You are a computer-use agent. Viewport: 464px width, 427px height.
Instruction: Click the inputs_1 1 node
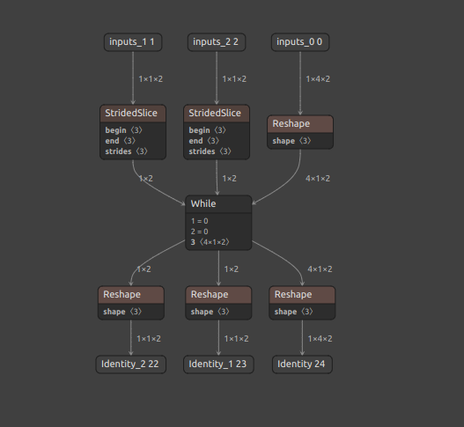coord(132,41)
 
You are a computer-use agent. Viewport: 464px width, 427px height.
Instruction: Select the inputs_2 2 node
coord(217,41)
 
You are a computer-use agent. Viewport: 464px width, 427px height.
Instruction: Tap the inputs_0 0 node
coord(300,41)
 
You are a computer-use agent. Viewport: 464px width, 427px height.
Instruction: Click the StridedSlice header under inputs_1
coord(132,114)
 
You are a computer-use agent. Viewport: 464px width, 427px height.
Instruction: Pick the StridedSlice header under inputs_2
coord(217,114)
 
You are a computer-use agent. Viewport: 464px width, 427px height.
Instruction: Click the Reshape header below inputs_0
coord(300,124)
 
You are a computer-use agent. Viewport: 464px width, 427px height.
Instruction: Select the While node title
coord(203,203)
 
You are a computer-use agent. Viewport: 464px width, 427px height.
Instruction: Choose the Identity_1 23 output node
coord(217,364)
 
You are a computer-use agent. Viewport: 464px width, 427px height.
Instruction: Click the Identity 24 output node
coord(300,364)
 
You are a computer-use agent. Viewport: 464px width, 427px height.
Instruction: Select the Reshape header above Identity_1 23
coord(217,294)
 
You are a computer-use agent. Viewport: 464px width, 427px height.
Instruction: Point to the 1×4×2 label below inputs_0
coord(318,79)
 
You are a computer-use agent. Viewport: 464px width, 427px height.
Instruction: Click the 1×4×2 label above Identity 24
coord(320,338)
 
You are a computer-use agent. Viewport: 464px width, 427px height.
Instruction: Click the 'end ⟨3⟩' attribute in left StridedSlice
coord(121,141)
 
